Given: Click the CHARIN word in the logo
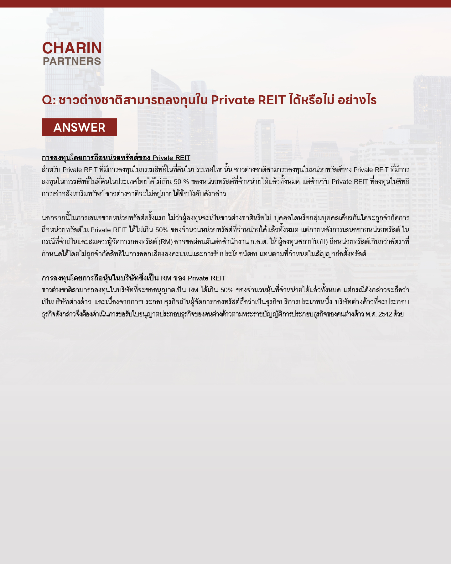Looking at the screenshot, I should [72, 48].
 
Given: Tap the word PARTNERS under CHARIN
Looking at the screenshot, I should [72, 61].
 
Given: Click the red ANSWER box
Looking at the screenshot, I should [79, 127].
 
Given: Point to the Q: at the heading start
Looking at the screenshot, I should [49, 100].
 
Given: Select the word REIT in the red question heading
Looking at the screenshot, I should [272, 100].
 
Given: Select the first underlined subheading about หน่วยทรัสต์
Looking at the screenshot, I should [116, 158].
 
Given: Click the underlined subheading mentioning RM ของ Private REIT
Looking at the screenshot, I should [133, 278].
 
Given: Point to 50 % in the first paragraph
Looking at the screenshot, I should [181, 182].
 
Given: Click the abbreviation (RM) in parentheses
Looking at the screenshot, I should [166, 242].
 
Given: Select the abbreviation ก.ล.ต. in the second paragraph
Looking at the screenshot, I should [259, 242].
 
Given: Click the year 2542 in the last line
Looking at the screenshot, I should [385, 314].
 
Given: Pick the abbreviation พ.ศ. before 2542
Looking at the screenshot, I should [371, 314].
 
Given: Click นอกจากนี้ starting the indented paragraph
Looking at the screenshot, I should [54, 218].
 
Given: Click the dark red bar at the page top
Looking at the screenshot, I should [225, 3].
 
